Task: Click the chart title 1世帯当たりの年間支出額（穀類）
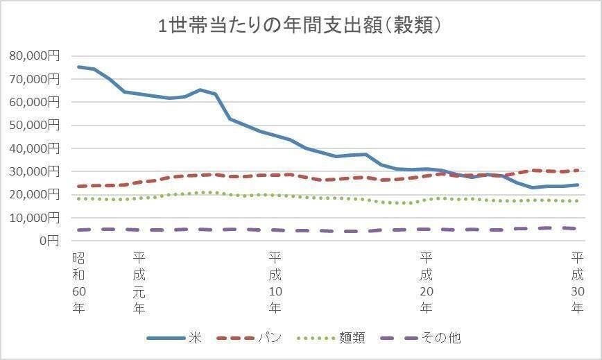[300, 26]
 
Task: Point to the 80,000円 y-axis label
[35, 56]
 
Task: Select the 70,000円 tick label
[35, 79]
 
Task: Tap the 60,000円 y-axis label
[35, 103]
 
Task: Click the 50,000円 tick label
[35, 126]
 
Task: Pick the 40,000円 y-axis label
[35, 148]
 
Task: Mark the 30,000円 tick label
[35, 171]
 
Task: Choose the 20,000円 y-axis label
[35, 195]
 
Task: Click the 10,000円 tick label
[35, 218]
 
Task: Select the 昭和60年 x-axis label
[78, 282]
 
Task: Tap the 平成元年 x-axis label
[139, 282]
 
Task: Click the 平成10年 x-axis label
[275, 282]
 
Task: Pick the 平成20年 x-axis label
[427, 282]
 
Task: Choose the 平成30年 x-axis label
[577, 282]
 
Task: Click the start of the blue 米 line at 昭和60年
[78, 67]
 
